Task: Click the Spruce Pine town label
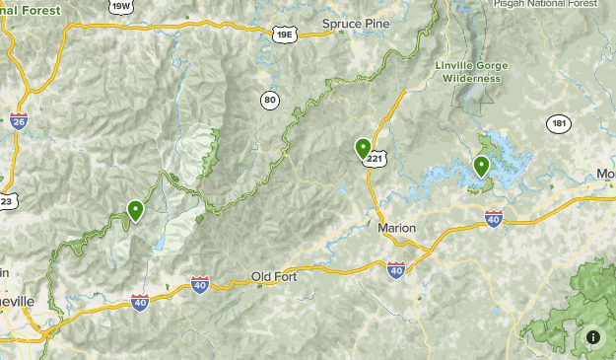click(356, 23)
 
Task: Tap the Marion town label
click(397, 228)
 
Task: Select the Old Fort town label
click(273, 276)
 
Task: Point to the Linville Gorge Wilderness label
click(470, 71)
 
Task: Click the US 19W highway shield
click(121, 6)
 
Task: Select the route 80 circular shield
click(270, 100)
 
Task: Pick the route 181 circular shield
click(559, 124)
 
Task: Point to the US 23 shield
click(5, 200)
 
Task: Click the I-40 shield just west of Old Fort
click(200, 284)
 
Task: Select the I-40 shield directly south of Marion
click(396, 268)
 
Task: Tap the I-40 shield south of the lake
click(494, 218)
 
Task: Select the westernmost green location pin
click(135, 209)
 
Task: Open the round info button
click(593, 337)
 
